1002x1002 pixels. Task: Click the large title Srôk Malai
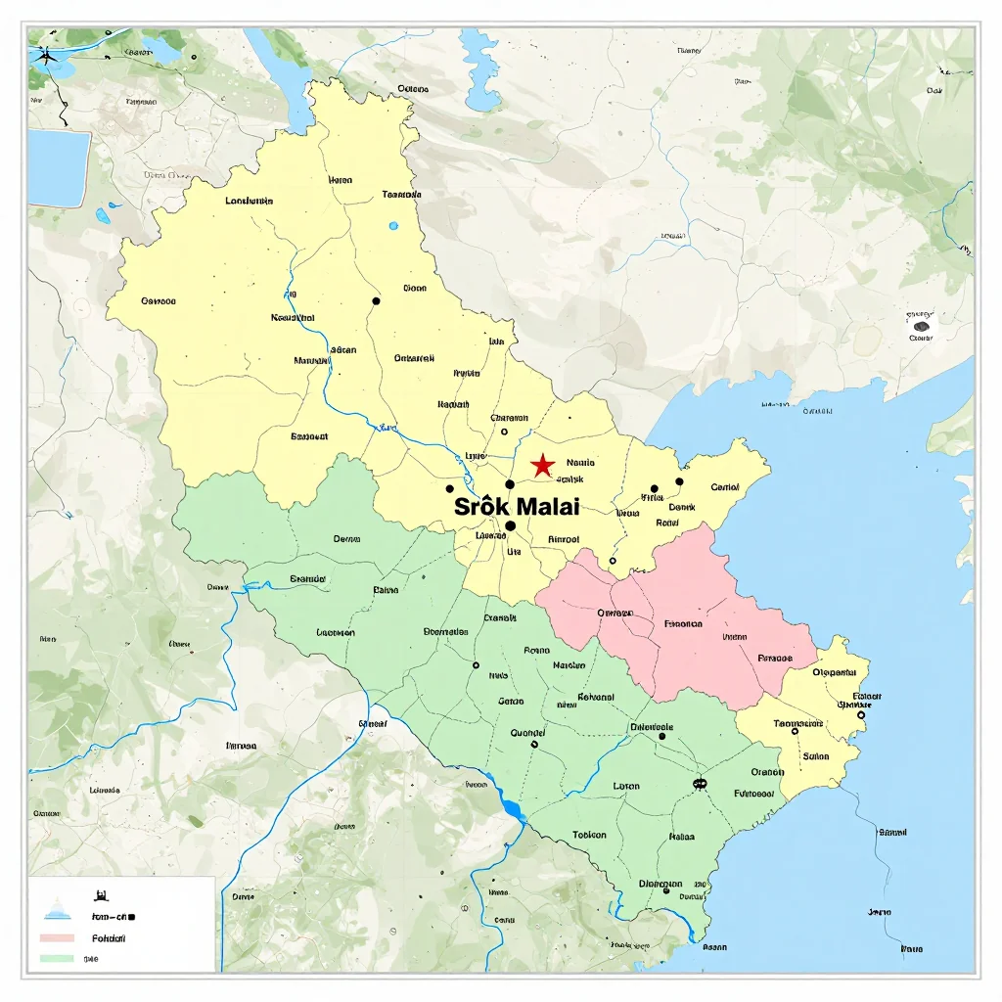(517, 507)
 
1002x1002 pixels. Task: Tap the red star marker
(542, 466)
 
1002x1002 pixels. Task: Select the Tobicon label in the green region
(589, 835)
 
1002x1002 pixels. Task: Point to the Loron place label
(626, 786)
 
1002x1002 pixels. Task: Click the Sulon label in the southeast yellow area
(815, 755)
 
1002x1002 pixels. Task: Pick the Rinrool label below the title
(563, 538)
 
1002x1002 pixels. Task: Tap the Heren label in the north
(341, 180)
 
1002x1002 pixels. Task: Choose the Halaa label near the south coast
(681, 837)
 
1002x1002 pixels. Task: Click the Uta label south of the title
(514, 551)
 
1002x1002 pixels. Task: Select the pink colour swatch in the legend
(57, 937)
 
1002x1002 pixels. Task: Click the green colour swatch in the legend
(57, 958)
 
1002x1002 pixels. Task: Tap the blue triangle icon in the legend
(57, 911)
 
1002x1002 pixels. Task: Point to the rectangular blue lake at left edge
(59, 168)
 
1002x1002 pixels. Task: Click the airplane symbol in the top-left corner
(45, 55)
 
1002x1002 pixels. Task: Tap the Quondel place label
(527, 732)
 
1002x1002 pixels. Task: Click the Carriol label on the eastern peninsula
(724, 486)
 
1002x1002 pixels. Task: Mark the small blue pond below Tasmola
(393, 226)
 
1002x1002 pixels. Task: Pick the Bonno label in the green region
(536, 650)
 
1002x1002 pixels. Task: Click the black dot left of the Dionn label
(376, 301)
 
